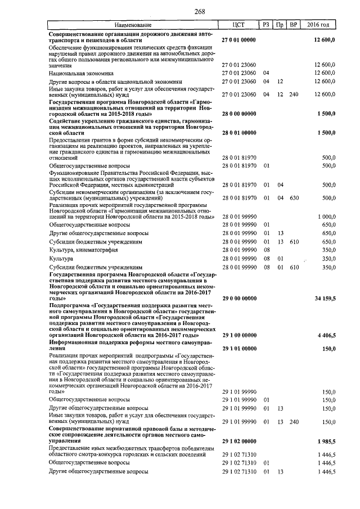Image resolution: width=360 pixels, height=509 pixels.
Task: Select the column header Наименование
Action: tap(133, 25)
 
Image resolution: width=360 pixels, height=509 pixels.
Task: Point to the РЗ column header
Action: tap(266, 25)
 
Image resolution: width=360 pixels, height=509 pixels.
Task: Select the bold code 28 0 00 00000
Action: tap(238, 113)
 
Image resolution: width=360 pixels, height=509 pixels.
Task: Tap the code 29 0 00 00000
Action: tap(238, 298)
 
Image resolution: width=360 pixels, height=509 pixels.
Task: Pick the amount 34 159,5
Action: tap(326, 298)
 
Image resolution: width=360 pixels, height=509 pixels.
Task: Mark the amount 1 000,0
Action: tap(327, 217)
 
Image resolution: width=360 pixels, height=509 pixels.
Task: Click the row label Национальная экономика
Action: tap(81, 73)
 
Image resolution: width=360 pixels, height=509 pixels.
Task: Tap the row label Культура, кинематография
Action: tap(84, 249)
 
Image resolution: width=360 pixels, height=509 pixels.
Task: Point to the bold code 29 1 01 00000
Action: tap(238, 349)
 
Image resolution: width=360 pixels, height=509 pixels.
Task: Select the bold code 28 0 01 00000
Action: tap(238, 132)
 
